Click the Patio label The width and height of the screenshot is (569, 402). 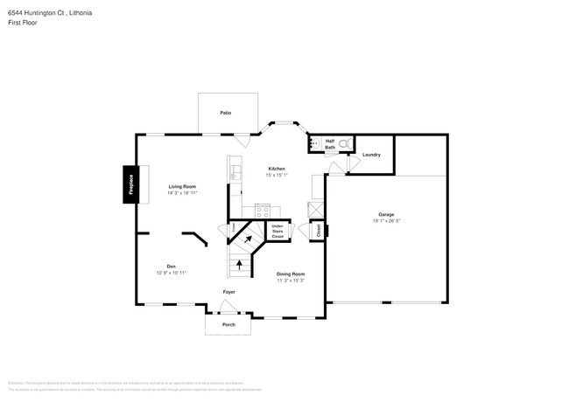[225, 113]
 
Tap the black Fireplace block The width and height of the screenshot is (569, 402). [130, 184]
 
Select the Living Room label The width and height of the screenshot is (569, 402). [182, 186]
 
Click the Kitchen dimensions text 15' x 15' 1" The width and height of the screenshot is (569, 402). [276, 175]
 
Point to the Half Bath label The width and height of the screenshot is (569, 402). [330, 144]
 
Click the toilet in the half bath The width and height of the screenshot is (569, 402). [344, 142]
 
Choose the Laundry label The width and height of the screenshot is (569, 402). [371, 155]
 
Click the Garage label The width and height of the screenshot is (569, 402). [385, 214]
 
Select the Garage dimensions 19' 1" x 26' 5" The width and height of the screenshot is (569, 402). [385, 220]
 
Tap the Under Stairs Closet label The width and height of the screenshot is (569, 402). [277, 232]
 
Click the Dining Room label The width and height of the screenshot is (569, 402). [291, 274]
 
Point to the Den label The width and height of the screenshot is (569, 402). [172, 267]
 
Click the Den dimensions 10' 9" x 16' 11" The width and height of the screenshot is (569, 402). [172, 273]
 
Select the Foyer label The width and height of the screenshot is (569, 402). [228, 292]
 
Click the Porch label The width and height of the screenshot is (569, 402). [228, 324]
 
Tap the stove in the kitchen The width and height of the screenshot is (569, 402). [262, 210]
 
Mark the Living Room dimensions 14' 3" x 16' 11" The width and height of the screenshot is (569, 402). [182, 192]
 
